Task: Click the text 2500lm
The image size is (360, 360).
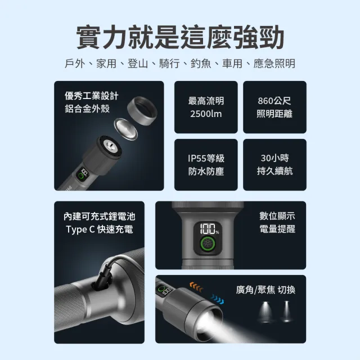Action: coord(206,114)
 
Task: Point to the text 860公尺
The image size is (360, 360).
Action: coord(274,101)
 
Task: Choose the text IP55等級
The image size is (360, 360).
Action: coord(206,158)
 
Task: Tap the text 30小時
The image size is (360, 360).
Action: coord(274,158)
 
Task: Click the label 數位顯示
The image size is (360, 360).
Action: coord(277,215)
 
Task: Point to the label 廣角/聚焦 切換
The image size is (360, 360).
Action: coord(265,290)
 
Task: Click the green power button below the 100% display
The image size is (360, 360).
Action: coord(209,246)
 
